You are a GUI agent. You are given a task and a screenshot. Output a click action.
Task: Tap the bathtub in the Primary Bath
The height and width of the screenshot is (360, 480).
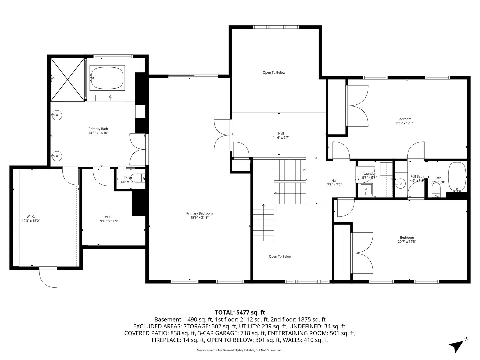(107, 78)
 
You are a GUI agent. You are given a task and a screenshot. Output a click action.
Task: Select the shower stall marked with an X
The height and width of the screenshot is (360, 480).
(67, 79)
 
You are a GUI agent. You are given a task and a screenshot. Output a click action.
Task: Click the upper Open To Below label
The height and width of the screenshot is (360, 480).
(274, 73)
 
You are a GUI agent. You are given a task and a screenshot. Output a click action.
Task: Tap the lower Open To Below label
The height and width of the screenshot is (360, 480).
(280, 257)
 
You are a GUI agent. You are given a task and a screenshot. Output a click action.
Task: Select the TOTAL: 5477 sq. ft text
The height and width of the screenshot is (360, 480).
(240, 312)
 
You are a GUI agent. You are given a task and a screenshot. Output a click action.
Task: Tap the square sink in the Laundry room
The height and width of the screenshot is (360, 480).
(366, 191)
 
